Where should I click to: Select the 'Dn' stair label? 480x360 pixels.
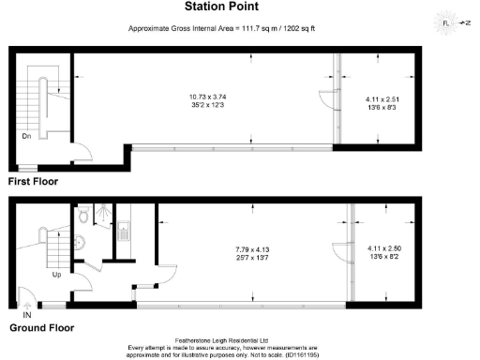coord(27,135)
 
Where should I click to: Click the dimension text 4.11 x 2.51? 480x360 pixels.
coord(382,99)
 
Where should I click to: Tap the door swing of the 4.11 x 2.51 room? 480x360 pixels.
coord(325,100)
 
